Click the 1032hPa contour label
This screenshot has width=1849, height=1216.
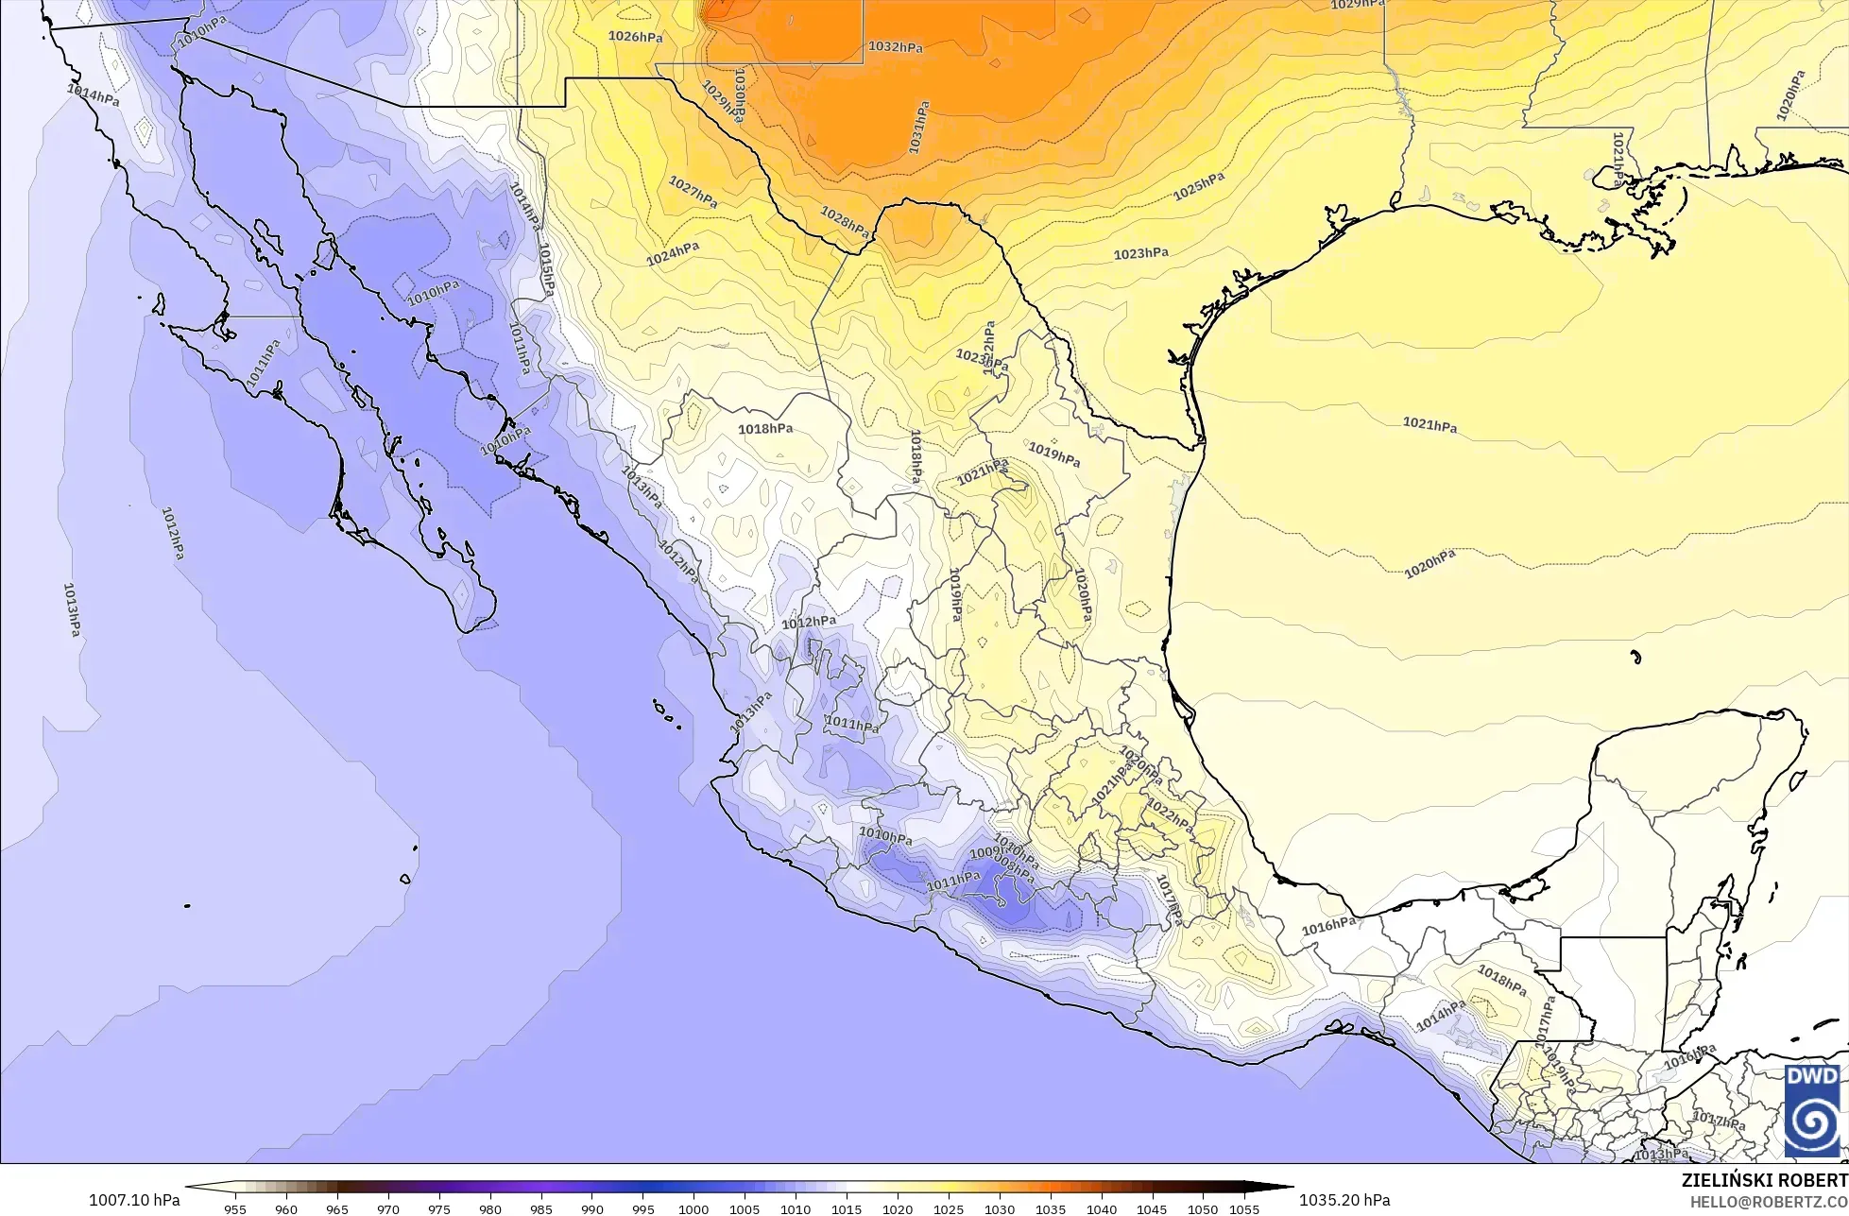(x=895, y=46)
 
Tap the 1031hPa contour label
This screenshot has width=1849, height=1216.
(x=918, y=128)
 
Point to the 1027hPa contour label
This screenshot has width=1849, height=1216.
(x=693, y=192)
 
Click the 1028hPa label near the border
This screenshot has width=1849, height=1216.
(x=845, y=222)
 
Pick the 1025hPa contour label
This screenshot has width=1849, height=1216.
(x=1199, y=187)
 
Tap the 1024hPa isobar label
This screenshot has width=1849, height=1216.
(x=673, y=253)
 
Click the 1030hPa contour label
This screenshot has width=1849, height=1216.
(x=739, y=94)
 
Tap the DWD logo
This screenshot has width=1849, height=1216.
(x=1811, y=1111)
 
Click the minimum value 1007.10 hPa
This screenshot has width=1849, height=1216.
(x=134, y=1200)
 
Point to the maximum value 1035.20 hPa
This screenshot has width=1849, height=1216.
(x=1344, y=1200)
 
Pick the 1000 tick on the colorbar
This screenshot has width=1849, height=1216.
(x=693, y=1208)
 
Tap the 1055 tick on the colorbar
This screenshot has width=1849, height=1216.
(x=1244, y=1208)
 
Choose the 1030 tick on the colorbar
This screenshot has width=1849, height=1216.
(x=1000, y=1208)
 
